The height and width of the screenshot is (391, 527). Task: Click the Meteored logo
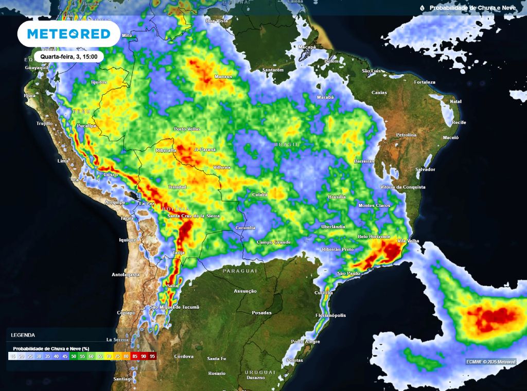pos(68,34)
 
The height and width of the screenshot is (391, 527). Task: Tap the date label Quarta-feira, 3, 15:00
pos(69,57)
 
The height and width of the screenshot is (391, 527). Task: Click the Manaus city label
pos(223,77)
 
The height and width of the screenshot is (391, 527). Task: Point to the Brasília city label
pos(337,197)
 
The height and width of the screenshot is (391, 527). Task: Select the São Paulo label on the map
pos(348,273)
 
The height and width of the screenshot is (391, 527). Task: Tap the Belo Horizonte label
pos(375,237)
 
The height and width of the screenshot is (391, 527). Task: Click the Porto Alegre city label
pos(305,342)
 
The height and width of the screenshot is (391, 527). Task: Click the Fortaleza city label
pos(425,82)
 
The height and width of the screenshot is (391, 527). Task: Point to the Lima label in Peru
pos(63,161)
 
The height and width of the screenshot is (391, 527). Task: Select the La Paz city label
pos(147,204)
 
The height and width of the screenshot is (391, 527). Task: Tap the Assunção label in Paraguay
pos(245,291)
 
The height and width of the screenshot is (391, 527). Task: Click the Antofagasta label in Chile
pos(126,275)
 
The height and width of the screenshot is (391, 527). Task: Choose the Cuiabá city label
pos(260,194)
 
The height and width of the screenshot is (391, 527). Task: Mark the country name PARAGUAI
pos(240,271)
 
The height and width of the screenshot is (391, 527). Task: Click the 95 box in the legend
pos(152,356)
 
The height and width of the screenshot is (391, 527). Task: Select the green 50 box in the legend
pos(74,356)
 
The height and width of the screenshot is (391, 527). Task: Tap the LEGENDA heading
pos(23,335)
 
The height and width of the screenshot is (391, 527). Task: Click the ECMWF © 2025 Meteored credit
pos(491,362)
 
